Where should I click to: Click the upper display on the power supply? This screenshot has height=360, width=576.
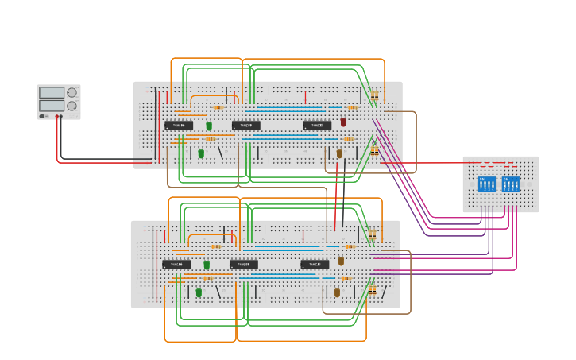52,93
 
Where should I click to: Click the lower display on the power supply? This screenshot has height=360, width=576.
52,106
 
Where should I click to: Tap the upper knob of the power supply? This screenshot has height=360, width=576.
72,93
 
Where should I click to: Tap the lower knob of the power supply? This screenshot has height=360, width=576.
72,106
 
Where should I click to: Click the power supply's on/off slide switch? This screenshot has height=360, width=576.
44,116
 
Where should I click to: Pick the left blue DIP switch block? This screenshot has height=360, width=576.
487,184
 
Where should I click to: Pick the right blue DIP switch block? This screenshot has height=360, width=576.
511,184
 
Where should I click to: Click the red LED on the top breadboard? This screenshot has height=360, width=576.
343,122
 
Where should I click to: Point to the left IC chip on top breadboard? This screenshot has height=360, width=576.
179,125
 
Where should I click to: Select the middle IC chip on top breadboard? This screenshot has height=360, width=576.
246,125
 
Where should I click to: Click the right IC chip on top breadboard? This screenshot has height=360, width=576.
317,125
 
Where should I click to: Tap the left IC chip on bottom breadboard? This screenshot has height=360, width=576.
176,264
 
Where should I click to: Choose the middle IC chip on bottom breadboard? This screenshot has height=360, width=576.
244,264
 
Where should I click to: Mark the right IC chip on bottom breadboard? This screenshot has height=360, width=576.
315,264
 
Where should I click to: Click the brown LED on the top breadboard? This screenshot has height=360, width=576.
339,153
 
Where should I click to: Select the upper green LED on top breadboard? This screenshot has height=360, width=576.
209,126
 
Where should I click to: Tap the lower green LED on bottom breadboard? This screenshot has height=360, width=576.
199,292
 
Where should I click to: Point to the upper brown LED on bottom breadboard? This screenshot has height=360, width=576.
341,261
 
